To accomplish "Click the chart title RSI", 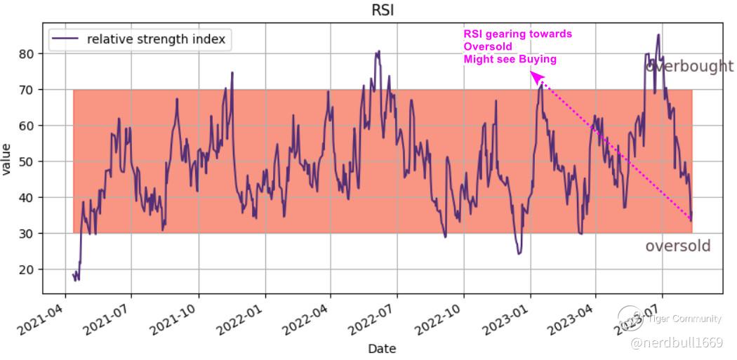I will pos(383,10).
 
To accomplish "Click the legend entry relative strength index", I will pos(156,39).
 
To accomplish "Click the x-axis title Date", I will pos(382,349).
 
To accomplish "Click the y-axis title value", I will pos(8,161).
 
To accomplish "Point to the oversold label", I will pos(677,246).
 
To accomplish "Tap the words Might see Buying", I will pos(510,60).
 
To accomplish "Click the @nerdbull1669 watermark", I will pos(676,342).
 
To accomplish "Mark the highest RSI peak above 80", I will pos(658,35).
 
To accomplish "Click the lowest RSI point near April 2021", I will pos(77,279).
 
